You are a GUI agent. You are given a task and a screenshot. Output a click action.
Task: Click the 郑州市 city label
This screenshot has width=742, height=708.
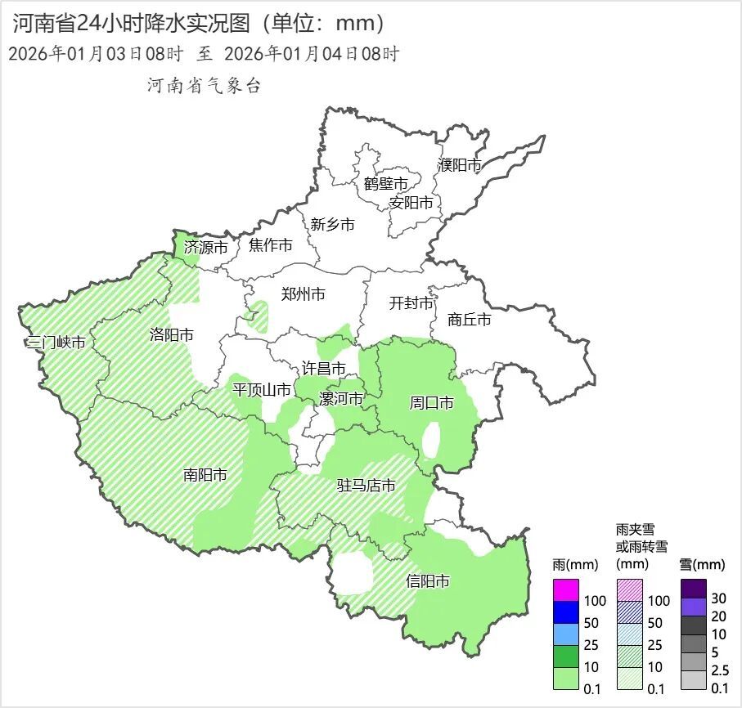(x=303, y=294)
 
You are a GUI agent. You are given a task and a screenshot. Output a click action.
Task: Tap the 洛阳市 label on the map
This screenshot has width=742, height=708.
(x=172, y=334)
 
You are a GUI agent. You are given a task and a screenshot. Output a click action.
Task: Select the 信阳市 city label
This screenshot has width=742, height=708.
(x=428, y=582)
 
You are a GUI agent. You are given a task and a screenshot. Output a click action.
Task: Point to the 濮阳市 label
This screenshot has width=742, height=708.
(x=459, y=165)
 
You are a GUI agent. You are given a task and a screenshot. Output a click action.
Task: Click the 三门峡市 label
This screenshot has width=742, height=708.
(x=56, y=343)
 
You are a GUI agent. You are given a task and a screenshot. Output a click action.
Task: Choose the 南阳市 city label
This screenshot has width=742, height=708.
(x=205, y=474)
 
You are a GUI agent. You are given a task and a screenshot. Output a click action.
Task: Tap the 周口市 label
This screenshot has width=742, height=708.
(x=431, y=403)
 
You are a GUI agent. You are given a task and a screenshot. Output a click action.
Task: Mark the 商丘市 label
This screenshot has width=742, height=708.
(x=470, y=320)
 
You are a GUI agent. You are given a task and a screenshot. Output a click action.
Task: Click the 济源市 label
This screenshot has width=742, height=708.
(x=205, y=246)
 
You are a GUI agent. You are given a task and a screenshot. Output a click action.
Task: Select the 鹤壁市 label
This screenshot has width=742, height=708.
(x=385, y=184)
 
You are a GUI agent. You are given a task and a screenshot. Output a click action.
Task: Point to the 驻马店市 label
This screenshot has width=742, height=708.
(x=366, y=486)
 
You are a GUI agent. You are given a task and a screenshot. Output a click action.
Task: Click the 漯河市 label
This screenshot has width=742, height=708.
(x=340, y=398)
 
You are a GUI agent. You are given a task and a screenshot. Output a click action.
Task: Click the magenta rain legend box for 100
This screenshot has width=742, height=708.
(x=566, y=589)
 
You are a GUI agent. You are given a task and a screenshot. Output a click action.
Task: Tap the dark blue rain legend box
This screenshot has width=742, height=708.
(x=566, y=612)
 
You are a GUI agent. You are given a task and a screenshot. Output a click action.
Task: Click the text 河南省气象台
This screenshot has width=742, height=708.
(x=203, y=85)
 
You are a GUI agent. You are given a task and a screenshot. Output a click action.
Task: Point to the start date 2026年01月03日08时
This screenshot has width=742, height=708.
(x=95, y=55)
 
